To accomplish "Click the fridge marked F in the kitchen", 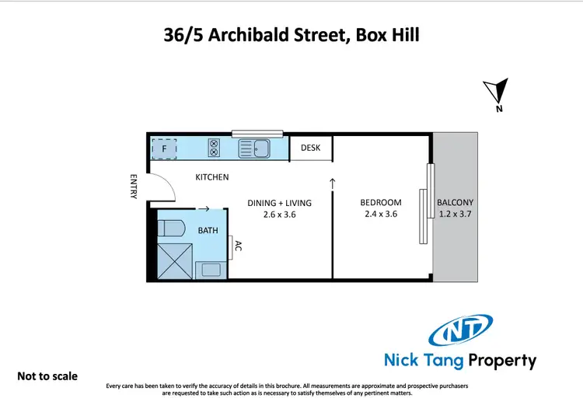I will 164,146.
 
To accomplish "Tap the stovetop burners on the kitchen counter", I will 214,147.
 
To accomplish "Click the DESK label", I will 311,148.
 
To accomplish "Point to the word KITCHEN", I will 211,177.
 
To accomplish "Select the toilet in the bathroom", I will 171,228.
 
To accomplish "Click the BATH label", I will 208,231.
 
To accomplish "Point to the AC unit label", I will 239,248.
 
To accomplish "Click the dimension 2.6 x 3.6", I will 280,215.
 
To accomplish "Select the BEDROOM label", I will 381,203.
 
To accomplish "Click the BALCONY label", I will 455,203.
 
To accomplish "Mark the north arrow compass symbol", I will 497,93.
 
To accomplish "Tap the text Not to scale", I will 47,376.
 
